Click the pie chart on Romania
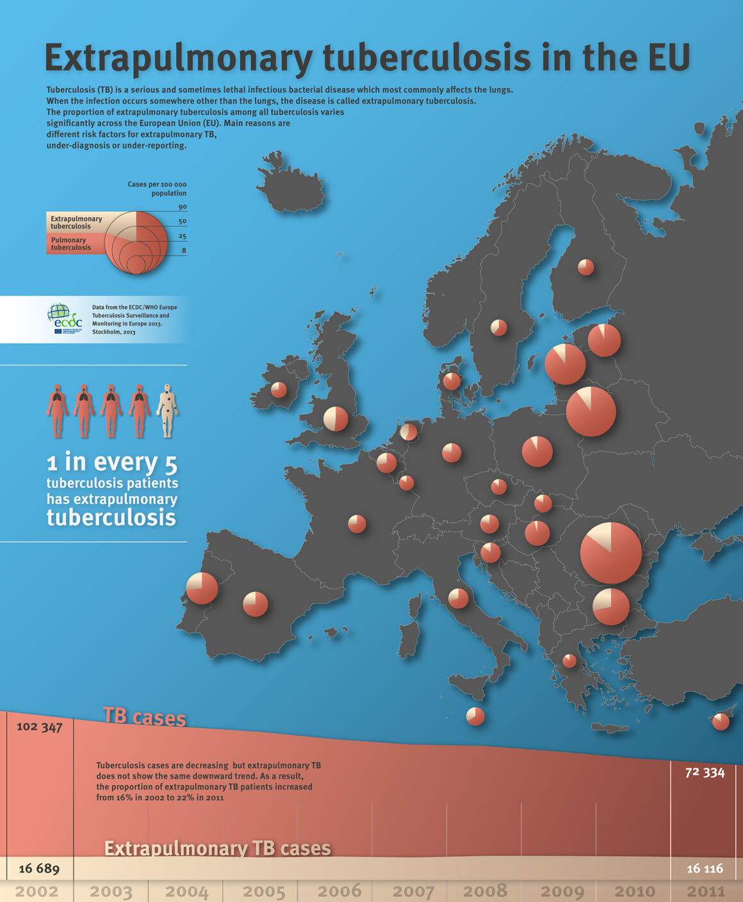click(610, 553)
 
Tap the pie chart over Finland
click(585, 267)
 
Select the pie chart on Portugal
click(202, 588)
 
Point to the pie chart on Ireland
click(279, 390)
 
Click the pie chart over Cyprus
click(721, 721)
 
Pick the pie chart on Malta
click(475, 716)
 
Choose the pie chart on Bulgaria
click(610, 606)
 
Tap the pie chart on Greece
click(569, 661)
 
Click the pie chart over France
click(357, 524)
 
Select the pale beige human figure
click(167, 410)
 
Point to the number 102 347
click(39, 727)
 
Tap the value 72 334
click(705, 773)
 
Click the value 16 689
click(39, 869)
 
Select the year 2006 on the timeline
click(339, 891)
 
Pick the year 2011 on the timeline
click(706, 891)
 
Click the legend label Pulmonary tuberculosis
click(70, 244)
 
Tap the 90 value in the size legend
click(183, 207)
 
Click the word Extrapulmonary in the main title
click(179, 58)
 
